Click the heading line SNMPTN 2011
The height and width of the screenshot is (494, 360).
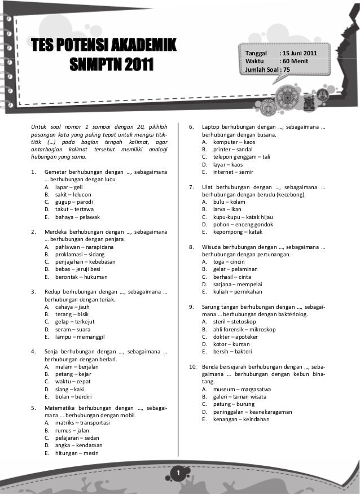112,65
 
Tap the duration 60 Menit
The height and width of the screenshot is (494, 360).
293,61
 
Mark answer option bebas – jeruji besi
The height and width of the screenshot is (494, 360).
78,270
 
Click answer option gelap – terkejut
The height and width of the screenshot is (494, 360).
76,322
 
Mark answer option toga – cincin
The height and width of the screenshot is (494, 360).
229,262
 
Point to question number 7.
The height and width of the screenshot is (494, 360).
191,187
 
